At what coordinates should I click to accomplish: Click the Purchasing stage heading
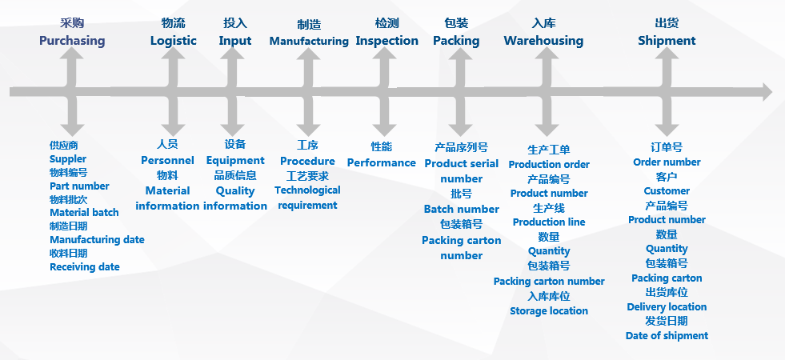(x=72, y=40)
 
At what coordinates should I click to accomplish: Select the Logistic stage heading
(x=173, y=40)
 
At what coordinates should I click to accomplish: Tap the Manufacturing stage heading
(x=309, y=40)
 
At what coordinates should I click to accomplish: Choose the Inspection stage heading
(x=386, y=40)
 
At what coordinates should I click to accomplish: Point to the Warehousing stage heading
(x=543, y=40)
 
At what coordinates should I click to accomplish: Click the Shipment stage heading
(x=667, y=40)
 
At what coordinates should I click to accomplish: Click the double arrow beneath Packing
(x=461, y=92)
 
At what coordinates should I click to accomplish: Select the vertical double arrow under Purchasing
(x=73, y=92)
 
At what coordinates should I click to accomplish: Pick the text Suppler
(x=68, y=159)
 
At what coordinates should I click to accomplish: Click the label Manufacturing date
(x=97, y=239)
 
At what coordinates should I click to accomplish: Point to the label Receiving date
(x=84, y=266)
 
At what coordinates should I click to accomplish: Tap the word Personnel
(x=167, y=160)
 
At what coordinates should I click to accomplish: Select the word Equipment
(x=235, y=160)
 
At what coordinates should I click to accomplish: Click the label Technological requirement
(x=307, y=198)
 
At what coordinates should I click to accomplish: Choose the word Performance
(x=381, y=162)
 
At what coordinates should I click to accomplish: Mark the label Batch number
(x=461, y=209)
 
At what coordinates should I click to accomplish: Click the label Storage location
(x=549, y=310)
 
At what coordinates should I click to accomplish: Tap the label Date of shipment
(x=667, y=336)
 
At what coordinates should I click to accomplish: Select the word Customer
(x=667, y=190)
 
